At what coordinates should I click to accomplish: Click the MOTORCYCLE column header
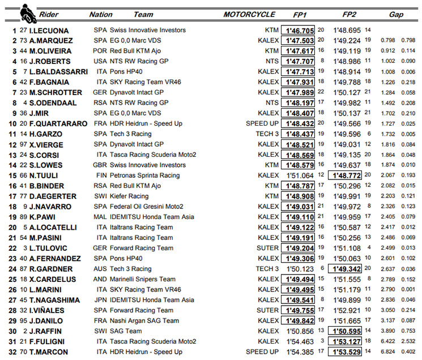point(249,14)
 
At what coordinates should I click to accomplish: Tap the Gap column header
point(397,14)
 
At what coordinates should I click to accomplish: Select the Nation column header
point(101,14)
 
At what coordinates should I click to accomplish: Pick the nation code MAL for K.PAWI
point(100,217)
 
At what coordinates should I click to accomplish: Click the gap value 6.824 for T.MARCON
point(388,352)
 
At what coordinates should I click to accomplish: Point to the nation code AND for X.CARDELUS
point(100,279)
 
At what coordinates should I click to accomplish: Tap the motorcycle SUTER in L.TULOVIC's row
point(267,248)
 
